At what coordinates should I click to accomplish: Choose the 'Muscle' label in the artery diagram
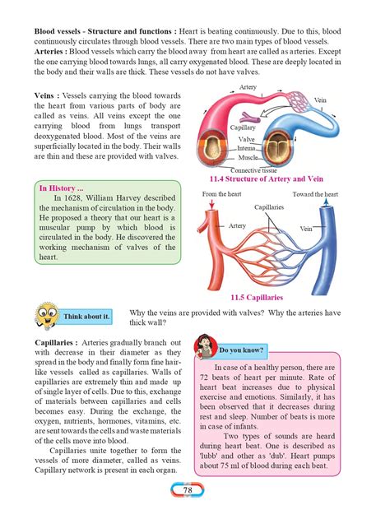click(248, 157)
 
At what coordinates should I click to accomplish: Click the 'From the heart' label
click(221, 194)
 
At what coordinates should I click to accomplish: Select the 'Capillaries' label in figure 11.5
click(269, 207)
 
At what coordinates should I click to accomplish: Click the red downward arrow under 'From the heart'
click(215, 213)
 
